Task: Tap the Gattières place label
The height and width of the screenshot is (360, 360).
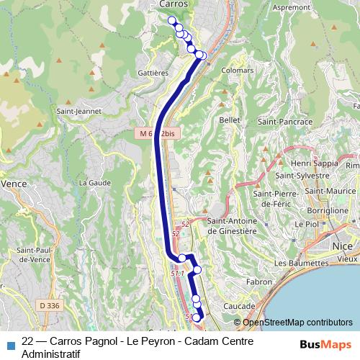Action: (x=151, y=73)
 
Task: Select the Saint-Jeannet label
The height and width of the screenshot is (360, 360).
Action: (x=79, y=112)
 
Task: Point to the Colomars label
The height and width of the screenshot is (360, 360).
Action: (x=238, y=71)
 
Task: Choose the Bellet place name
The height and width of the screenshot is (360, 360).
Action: (x=229, y=120)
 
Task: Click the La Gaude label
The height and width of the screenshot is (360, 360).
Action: (x=93, y=183)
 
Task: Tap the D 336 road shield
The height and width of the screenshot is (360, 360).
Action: (x=50, y=305)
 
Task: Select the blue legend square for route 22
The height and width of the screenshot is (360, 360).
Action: (x=10, y=345)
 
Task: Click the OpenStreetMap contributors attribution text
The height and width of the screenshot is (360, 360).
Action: (x=297, y=323)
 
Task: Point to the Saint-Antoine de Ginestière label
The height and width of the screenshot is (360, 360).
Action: (x=233, y=226)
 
